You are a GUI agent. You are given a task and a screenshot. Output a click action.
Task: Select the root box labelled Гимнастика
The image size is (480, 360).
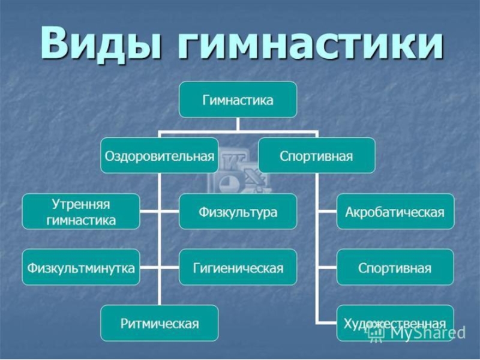(238, 100)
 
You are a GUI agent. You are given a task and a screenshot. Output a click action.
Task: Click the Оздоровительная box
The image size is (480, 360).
(159, 155)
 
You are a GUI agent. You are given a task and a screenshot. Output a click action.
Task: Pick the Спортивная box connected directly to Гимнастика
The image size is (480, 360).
(316, 155)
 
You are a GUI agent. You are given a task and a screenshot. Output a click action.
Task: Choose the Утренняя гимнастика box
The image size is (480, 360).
(81, 211)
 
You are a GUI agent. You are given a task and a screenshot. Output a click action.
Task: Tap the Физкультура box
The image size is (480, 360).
(238, 211)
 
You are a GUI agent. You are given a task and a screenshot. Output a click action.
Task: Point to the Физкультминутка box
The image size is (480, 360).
(81, 267)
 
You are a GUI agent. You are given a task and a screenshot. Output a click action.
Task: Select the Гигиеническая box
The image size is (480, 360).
(238, 267)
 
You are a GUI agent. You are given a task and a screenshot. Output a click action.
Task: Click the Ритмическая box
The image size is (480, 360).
(159, 323)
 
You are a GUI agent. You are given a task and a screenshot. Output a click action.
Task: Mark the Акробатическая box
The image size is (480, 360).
(395, 211)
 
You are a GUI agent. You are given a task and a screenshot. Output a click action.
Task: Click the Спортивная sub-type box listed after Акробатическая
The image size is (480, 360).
(395, 267)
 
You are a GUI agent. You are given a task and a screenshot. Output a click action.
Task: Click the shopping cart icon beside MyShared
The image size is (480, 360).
(376, 334)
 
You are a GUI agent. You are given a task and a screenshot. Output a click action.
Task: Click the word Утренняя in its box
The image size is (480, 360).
(81, 204)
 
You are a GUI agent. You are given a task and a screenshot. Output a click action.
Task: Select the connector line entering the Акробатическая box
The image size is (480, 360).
(326, 211)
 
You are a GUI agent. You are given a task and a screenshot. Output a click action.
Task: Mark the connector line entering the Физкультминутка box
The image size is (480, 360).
(149, 267)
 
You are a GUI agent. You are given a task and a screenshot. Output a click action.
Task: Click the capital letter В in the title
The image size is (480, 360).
(55, 43)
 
